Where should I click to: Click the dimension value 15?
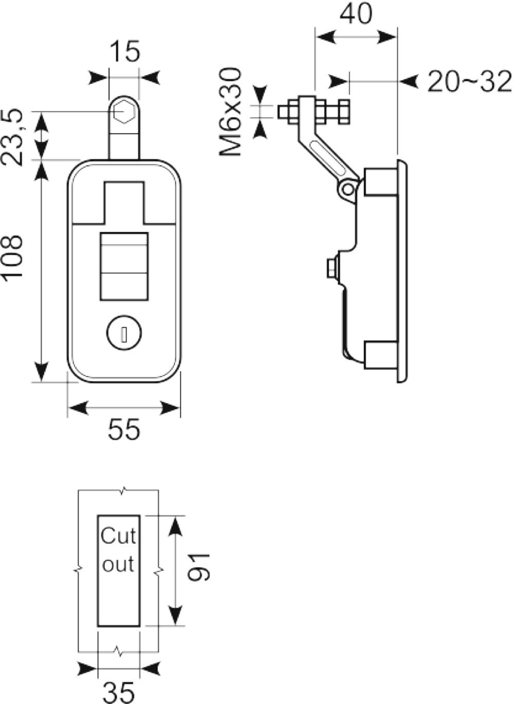[x=125, y=51]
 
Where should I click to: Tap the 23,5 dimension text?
[x=12, y=137]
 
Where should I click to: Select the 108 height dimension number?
[x=12, y=256]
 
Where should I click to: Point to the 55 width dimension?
[x=123, y=429]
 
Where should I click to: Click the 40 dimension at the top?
[x=356, y=14]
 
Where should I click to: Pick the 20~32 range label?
[x=470, y=82]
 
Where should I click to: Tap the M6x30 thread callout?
[x=230, y=112]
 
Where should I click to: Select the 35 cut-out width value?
[x=119, y=693]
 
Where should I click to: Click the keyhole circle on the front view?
[x=124, y=333]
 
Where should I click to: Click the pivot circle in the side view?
[x=348, y=189]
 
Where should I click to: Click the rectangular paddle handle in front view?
[x=124, y=266]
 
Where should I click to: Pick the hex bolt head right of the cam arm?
[x=344, y=112]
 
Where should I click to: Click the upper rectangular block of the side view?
[x=381, y=182]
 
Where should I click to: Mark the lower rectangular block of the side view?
[x=381, y=355]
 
